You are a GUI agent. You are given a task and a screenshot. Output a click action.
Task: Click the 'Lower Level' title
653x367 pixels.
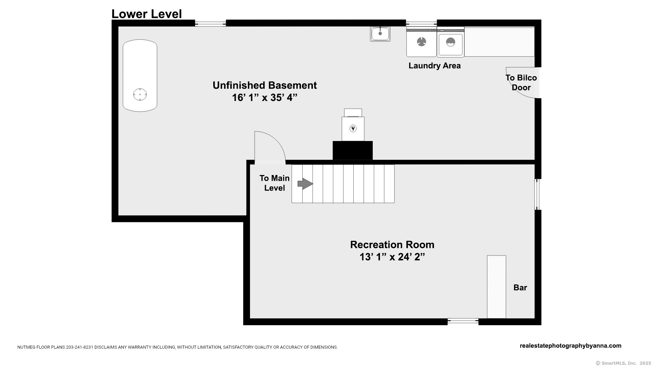147,14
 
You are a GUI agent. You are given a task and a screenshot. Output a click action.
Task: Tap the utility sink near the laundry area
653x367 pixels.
380,34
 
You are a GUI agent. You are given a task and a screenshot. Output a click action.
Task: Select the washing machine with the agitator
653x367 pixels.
421,42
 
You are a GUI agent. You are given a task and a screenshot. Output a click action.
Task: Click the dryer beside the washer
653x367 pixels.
451,42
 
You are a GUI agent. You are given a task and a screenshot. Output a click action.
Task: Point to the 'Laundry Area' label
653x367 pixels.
435,66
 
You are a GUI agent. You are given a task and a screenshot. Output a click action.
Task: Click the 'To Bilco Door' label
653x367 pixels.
521,83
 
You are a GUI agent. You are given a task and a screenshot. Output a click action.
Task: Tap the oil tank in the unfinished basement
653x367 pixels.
140,75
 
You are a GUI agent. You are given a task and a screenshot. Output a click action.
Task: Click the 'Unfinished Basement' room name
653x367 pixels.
265,85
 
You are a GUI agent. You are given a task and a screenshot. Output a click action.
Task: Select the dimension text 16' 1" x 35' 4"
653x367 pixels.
265,98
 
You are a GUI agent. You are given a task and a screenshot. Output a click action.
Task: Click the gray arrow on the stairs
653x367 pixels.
305,184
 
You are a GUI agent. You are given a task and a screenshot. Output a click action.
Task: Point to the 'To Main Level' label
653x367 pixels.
274,183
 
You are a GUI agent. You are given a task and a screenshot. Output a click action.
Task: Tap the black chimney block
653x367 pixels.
353,150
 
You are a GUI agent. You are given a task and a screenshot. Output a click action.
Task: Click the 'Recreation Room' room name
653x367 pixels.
392,245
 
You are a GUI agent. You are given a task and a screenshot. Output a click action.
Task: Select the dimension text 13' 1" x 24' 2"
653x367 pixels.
392,257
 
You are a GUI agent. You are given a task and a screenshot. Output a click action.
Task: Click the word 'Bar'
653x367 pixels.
520,287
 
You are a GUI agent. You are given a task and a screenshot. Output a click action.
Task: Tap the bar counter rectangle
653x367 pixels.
497,287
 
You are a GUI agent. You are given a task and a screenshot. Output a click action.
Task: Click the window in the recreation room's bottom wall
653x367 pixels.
463,321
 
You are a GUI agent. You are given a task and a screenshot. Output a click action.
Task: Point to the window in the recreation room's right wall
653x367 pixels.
537,194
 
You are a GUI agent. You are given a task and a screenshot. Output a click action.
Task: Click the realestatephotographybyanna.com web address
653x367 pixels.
571,346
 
